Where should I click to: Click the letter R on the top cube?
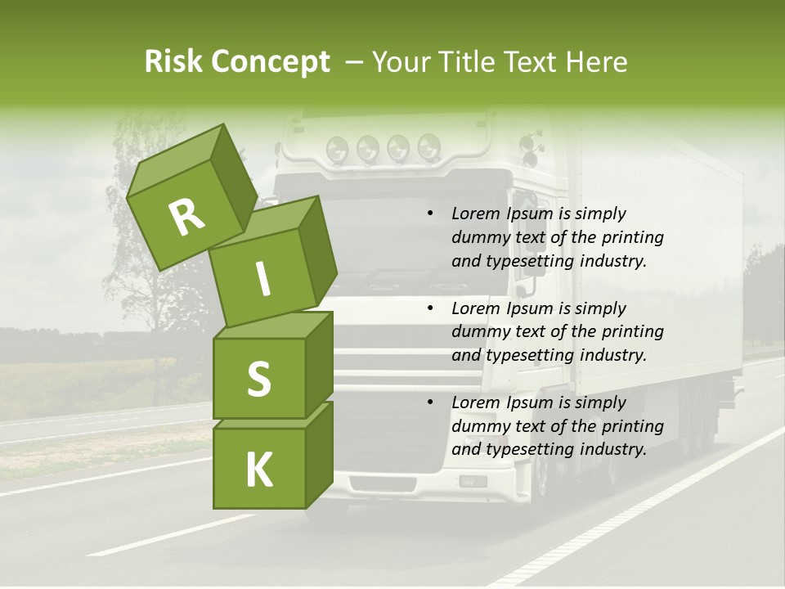(x=187, y=217)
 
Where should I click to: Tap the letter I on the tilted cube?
(x=262, y=280)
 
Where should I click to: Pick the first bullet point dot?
(x=430, y=214)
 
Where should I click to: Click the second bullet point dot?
(x=430, y=308)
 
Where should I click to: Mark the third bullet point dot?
(x=430, y=402)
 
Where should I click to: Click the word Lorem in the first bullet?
(x=475, y=214)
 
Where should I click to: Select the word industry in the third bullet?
(x=612, y=449)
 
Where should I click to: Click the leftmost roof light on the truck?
(x=337, y=149)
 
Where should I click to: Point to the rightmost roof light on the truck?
(x=429, y=147)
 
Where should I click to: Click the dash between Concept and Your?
(x=354, y=62)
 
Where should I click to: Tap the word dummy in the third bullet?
(x=478, y=426)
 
